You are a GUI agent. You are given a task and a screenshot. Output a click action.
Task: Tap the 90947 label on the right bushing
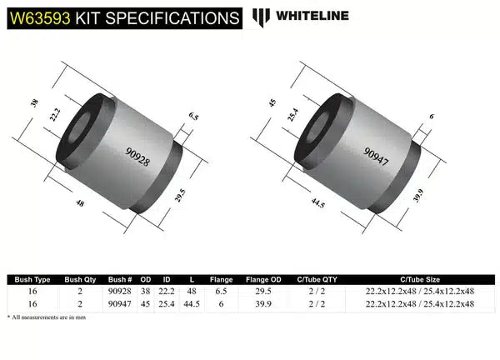(377, 151)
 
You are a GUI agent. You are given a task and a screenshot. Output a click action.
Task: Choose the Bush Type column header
(28, 279)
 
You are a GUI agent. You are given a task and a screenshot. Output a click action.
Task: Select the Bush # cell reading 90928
(120, 292)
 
